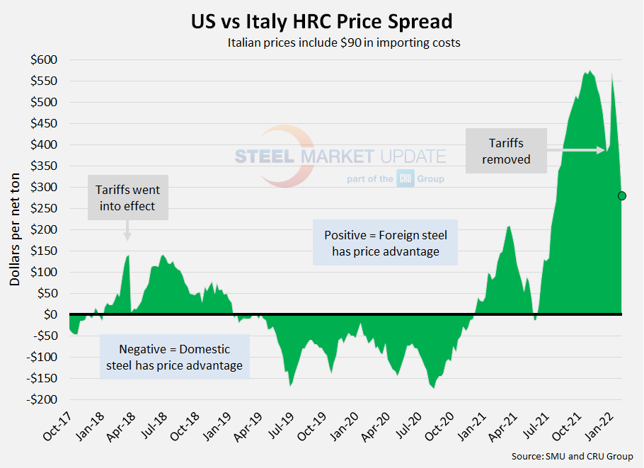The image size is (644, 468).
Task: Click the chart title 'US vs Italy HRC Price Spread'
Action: tap(322, 21)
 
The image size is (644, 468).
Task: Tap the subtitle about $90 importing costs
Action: tap(344, 43)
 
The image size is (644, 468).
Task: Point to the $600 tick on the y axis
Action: tap(45, 59)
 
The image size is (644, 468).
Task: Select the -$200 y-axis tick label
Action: tap(43, 399)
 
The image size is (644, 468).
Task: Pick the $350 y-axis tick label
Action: tap(45, 166)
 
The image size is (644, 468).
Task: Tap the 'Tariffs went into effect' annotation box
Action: tap(128, 198)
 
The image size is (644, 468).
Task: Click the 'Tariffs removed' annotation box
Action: tap(506, 152)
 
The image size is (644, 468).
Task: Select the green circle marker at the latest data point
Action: tap(621, 196)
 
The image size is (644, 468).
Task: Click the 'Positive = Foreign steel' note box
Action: tap(385, 242)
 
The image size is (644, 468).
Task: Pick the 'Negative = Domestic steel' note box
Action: tap(174, 357)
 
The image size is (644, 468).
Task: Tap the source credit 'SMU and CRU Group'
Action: tap(573, 456)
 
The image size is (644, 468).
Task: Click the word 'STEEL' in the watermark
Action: tap(265, 156)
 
